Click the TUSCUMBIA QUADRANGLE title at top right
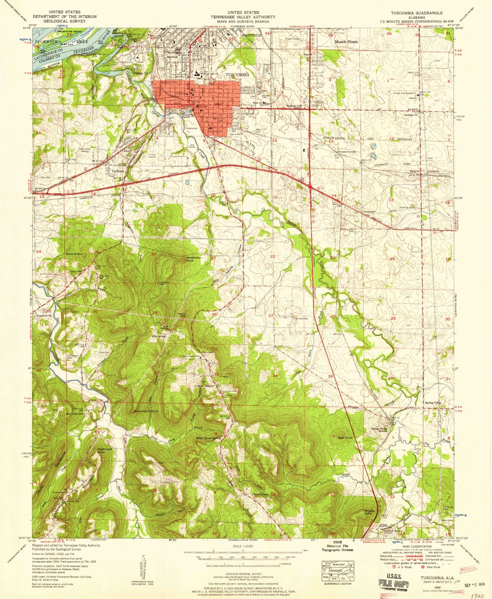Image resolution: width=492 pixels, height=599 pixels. [x=416, y=13]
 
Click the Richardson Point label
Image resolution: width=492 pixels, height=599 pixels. [x=146, y=411]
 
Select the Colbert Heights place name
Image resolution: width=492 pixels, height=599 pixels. [x=205, y=386]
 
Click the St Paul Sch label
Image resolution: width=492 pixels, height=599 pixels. [x=301, y=319]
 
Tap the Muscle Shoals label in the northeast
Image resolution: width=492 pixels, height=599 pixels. [x=346, y=42]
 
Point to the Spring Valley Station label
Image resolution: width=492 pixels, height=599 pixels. [x=379, y=430]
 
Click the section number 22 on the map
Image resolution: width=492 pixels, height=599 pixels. [x=273, y=256]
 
